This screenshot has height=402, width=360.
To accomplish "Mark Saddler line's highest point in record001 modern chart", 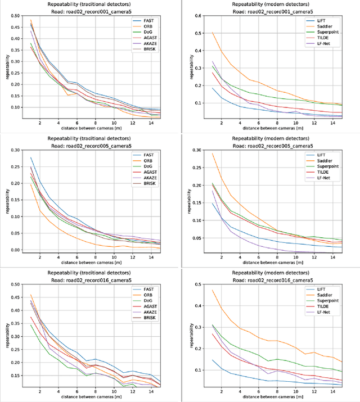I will (x=213, y=33).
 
